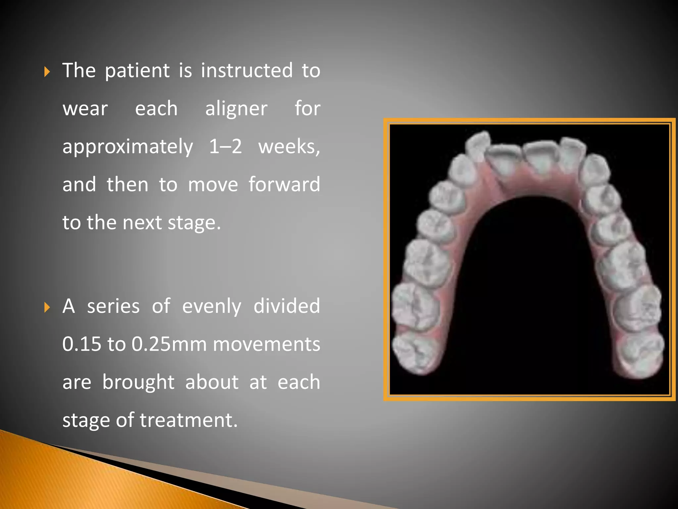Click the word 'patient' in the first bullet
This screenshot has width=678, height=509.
click(137, 71)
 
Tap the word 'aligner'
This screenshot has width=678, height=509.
click(236, 109)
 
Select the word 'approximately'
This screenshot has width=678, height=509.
click(128, 147)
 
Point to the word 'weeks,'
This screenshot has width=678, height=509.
click(289, 147)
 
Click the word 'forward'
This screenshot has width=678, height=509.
click(284, 184)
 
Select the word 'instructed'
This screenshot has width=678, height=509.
click(247, 71)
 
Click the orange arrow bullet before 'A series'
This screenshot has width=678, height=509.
click(47, 307)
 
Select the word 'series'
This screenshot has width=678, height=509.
click(113, 306)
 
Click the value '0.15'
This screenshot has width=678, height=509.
click(81, 344)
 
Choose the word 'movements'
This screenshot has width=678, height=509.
click(266, 344)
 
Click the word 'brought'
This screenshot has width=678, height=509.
click(138, 382)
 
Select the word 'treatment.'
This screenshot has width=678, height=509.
click(189, 420)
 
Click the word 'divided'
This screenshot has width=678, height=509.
click(287, 306)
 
